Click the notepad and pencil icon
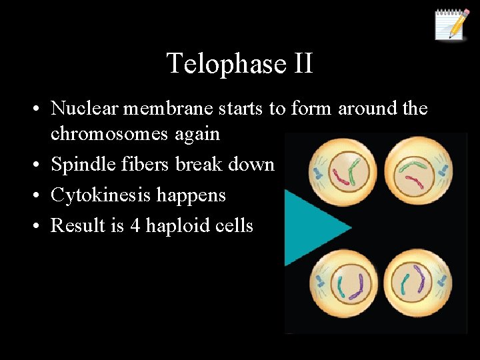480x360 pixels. click(x=451, y=25)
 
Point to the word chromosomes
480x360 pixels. click(x=110, y=133)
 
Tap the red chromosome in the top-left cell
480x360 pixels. click(x=341, y=177)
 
